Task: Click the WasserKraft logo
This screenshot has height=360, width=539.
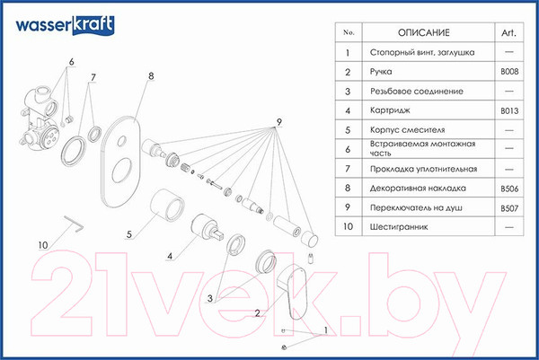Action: [65, 25]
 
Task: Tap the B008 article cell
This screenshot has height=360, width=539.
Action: [509, 72]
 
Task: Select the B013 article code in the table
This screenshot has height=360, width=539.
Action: [509, 110]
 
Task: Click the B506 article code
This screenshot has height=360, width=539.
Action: [509, 189]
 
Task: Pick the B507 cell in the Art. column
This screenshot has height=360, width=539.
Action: [509, 208]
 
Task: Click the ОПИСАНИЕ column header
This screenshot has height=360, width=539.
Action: [423, 32]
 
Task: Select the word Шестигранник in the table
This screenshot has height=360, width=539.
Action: [399, 227]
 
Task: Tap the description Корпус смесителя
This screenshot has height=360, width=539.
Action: [407, 130]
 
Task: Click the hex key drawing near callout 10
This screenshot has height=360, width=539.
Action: [75, 224]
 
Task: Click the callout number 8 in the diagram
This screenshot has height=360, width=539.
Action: [151, 76]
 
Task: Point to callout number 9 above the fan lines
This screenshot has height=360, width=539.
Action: [278, 122]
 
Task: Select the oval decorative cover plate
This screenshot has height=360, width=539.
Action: [120, 162]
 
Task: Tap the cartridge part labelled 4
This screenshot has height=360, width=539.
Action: [207, 228]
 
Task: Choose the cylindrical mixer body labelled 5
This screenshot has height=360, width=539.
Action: [167, 205]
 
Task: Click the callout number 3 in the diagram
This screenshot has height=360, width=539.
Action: [209, 298]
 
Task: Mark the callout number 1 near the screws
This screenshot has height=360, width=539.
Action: [325, 330]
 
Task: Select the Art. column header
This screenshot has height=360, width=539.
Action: [508, 32]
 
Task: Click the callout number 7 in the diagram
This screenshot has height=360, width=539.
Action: [93, 77]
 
